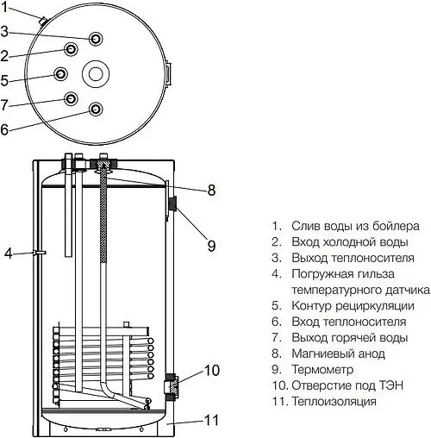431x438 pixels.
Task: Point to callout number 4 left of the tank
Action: tap(8, 253)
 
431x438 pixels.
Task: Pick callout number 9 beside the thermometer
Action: tap(210, 246)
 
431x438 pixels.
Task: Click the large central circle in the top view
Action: tap(97, 72)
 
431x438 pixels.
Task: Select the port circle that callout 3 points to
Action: tap(96, 39)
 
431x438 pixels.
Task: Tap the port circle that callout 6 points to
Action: tap(96, 109)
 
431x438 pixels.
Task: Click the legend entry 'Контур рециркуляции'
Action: tap(353, 305)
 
